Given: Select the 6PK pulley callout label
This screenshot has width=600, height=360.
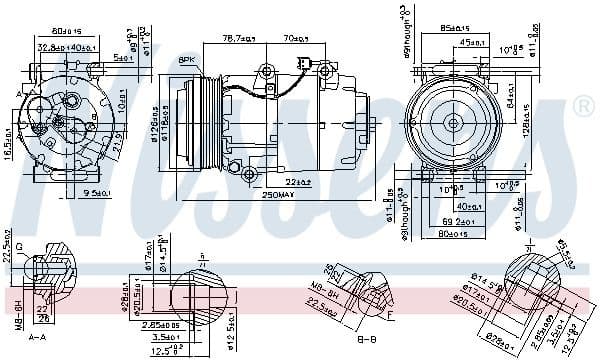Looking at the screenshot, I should pyautogui.click(x=186, y=61).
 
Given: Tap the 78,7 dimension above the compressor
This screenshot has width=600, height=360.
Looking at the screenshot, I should pyautogui.click(x=235, y=39).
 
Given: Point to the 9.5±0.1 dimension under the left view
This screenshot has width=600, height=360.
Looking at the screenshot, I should pyautogui.click(x=98, y=193).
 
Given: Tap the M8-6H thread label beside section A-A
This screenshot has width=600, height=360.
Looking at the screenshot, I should pyautogui.click(x=19, y=314).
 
